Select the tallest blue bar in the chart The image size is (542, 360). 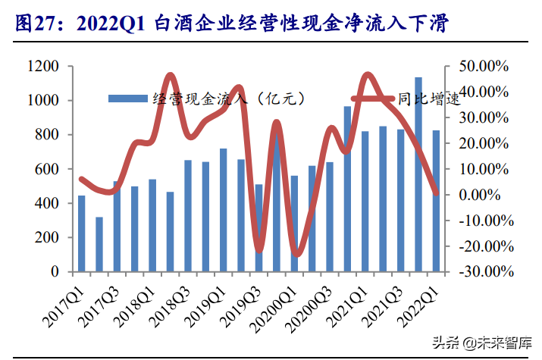click(x=418, y=174)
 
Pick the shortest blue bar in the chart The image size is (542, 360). click(x=99, y=244)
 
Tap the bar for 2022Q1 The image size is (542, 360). click(x=437, y=201)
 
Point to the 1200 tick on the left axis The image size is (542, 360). click(x=43, y=67)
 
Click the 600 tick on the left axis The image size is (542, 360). click(x=49, y=169)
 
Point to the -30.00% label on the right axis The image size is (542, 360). click(x=485, y=271)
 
